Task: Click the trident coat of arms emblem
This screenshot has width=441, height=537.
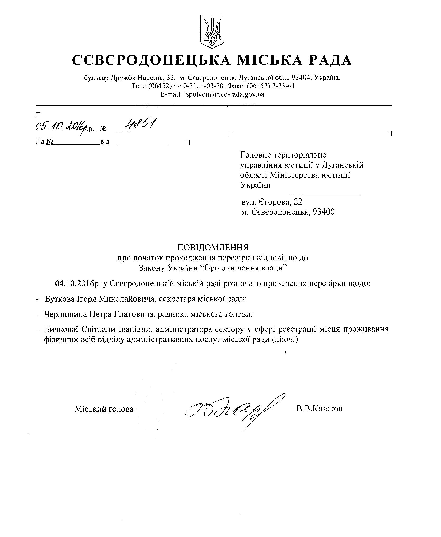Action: pos(212,31)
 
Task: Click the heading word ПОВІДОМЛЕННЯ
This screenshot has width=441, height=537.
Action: pos(213,247)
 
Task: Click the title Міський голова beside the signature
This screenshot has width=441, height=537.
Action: pos(104,409)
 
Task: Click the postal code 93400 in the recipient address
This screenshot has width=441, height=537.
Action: pos(323,212)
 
